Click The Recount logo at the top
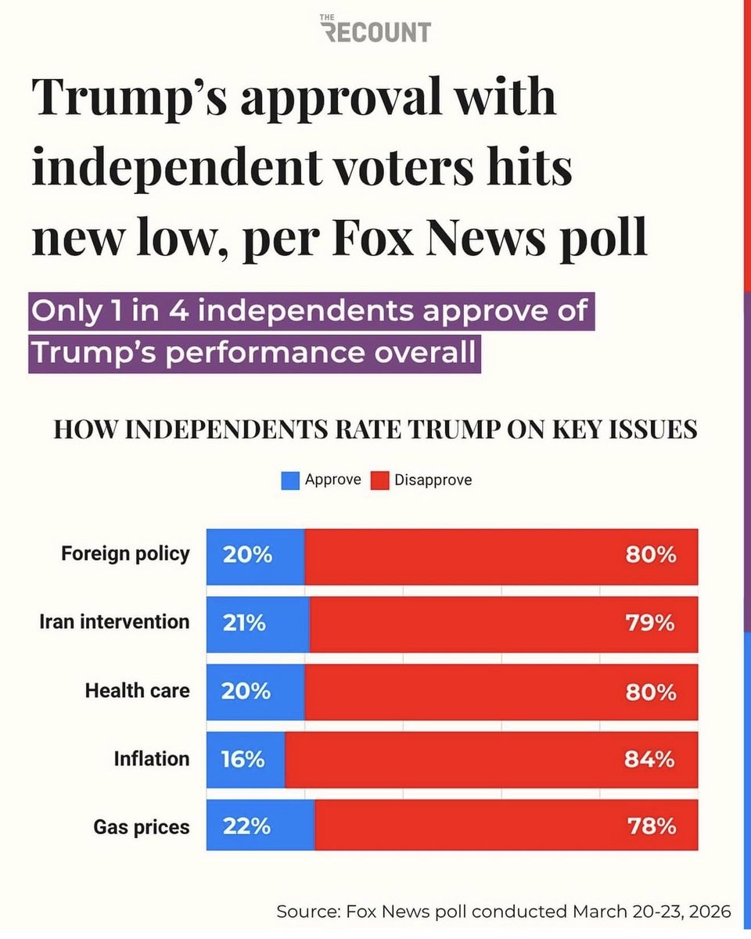[x=375, y=29]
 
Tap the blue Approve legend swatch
[x=290, y=480]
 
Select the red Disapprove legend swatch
[x=379, y=480]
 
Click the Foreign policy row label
[x=125, y=554]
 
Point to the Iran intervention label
[x=114, y=622]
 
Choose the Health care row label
[x=138, y=691]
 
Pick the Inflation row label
[x=152, y=759]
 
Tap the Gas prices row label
[x=142, y=828]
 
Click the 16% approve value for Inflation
[x=243, y=760]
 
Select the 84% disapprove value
[x=649, y=760]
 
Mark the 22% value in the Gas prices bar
[x=246, y=827]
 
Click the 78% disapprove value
[x=652, y=827]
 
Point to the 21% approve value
[x=244, y=623]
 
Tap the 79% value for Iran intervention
[x=650, y=623]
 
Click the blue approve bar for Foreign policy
[x=256, y=557]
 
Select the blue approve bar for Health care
[x=256, y=693]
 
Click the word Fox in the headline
[x=372, y=237]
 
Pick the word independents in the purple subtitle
[x=305, y=311]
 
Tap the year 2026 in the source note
[x=710, y=912]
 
